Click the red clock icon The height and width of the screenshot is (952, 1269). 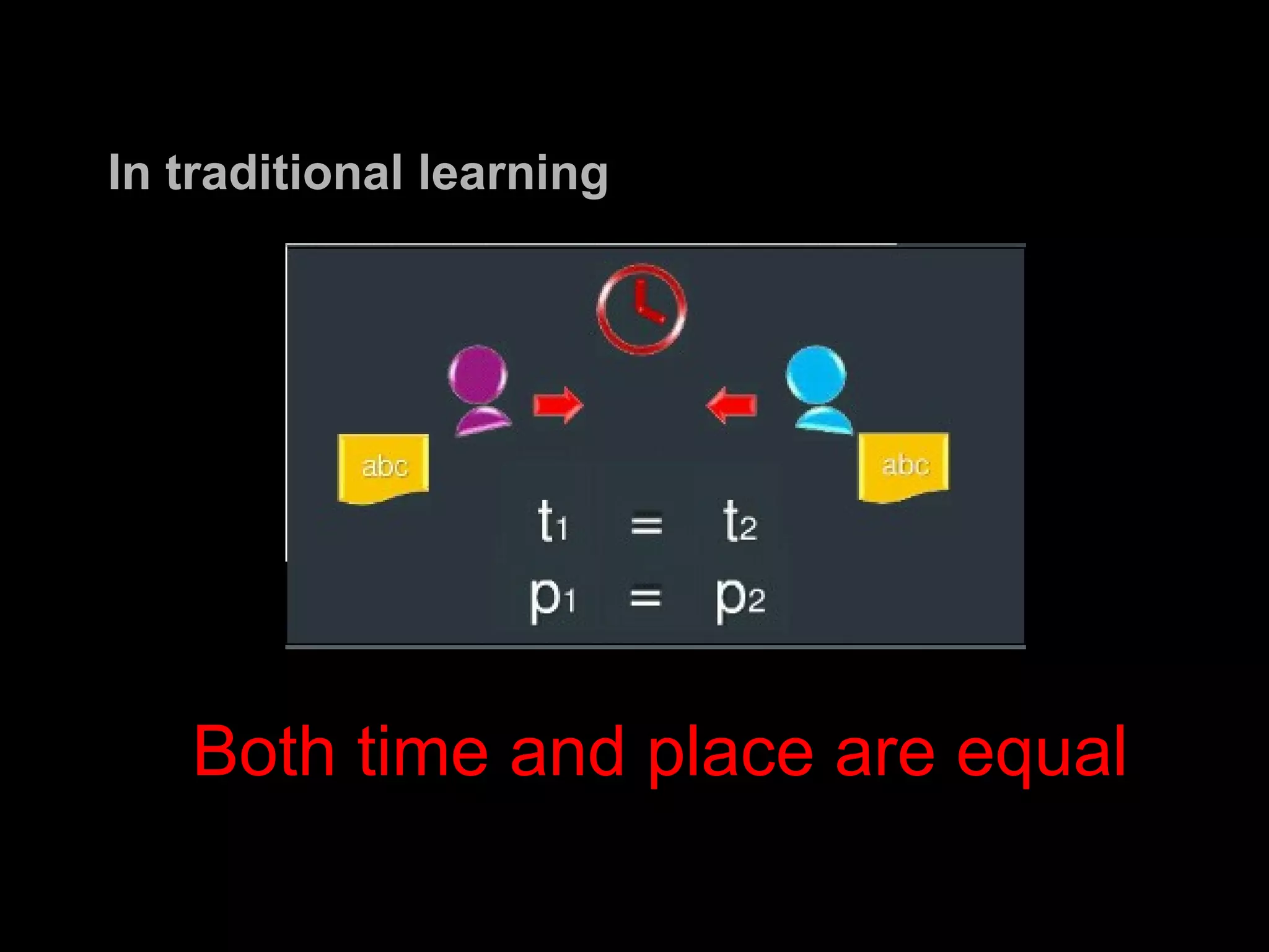tap(641, 309)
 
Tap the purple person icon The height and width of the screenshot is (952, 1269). tap(479, 390)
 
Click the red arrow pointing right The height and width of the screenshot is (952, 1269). tap(558, 405)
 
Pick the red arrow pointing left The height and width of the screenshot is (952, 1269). tap(732, 405)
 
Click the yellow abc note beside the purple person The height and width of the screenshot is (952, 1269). tap(384, 467)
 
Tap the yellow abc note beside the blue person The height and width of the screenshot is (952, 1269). tap(903, 466)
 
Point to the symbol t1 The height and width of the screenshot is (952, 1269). tap(552, 522)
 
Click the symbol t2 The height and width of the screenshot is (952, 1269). tap(740, 522)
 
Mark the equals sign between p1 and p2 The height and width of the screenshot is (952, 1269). tap(645, 597)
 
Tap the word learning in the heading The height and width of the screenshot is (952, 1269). tap(513, 174)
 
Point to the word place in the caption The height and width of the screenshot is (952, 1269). tap(730, 754)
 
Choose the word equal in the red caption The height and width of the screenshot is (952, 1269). tap(1041, 754)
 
